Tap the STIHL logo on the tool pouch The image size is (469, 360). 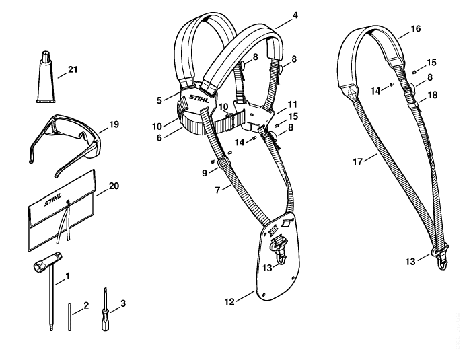53,199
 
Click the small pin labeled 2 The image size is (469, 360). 69,317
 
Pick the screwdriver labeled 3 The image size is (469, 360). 105,311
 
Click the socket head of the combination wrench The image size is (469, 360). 39,265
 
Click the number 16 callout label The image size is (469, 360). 416,29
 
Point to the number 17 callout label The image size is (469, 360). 358,161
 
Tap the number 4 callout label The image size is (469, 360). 295,15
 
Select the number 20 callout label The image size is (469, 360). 114,186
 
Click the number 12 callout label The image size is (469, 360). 229,302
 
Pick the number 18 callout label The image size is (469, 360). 433,95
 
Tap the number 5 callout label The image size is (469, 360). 159,100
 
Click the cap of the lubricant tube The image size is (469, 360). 46,57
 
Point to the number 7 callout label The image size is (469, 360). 217,190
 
